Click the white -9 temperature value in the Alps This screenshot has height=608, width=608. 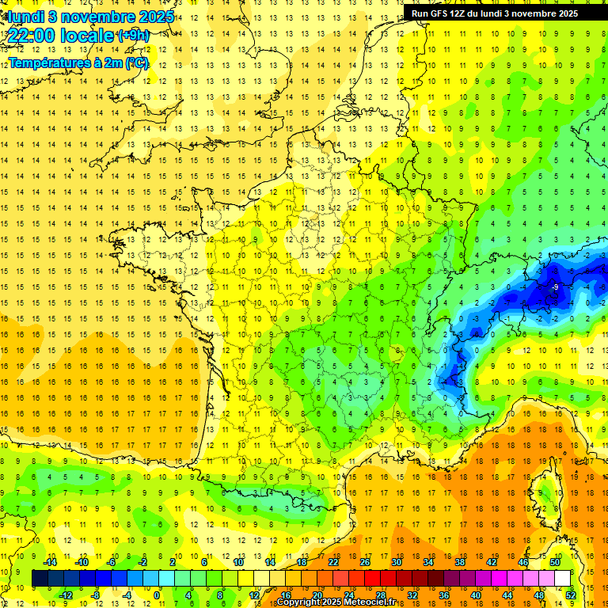pos(556,287)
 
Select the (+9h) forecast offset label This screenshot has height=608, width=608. pos(132,36)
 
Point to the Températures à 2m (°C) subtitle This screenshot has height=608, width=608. pos(78,63)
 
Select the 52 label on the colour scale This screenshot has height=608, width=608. pos(570,595)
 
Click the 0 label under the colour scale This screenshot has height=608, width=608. pos(157,595)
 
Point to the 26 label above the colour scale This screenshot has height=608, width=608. pos(365,562)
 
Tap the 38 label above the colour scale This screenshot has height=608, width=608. pos(459,562)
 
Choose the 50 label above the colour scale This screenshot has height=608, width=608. pos(554,562)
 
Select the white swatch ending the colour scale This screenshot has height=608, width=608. pos(562,578)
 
